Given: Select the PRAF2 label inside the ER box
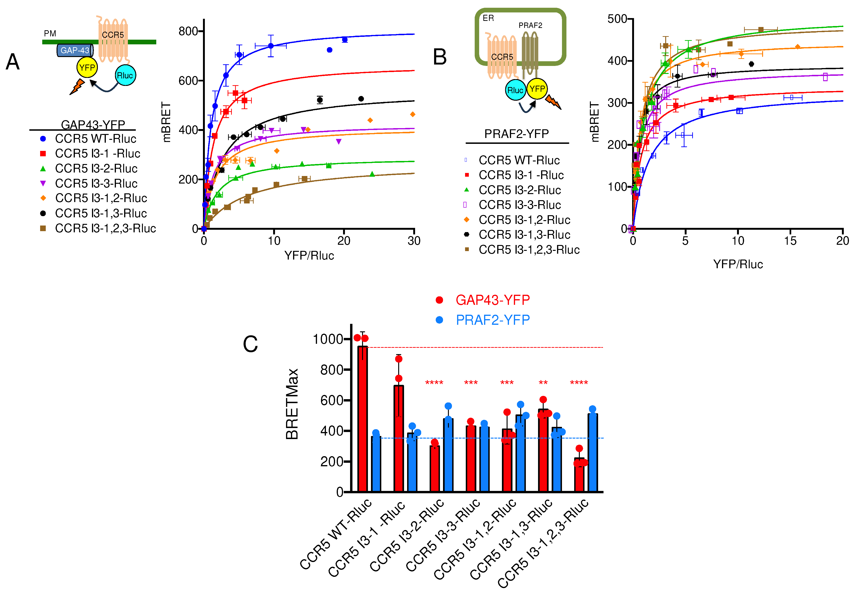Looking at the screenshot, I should pos(530,25).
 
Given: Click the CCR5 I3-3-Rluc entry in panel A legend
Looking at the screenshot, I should pos(96,183).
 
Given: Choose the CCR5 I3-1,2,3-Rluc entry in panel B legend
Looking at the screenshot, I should pos(529,250).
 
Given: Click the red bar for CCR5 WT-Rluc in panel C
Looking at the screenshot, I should pos(362,419).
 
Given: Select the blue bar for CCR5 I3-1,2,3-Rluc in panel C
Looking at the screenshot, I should pos(593,453).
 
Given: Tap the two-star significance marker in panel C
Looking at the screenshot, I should pos(543,383).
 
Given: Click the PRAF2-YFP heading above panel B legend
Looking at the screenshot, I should pos(516,134).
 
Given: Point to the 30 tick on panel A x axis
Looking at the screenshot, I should pos(414,241).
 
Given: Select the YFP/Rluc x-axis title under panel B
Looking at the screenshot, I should pos(738,264).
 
